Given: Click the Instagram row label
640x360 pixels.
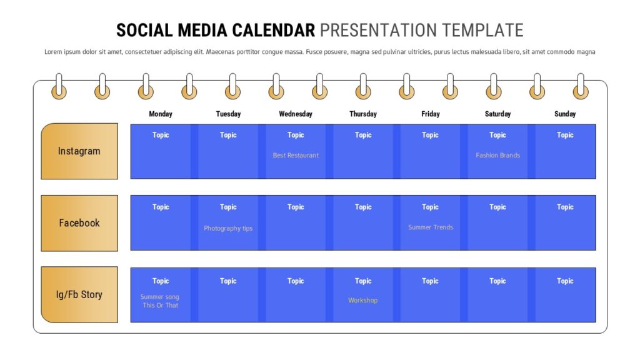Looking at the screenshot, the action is pos(79,151).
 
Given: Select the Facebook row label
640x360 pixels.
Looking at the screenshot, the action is pos(79,223).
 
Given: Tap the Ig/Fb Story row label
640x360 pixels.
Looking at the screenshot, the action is pos(79,295).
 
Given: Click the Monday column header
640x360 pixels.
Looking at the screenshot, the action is pos(161,114).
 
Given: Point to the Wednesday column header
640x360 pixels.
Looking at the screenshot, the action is pos(296,114).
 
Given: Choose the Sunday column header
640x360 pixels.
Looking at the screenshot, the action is pos(565,114).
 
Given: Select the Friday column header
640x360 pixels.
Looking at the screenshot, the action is pos(431,114).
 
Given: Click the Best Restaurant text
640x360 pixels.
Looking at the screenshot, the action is pos(296,155).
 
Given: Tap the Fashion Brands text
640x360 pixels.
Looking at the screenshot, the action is pos(497,155).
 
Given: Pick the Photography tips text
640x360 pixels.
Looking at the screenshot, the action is pos(228,228).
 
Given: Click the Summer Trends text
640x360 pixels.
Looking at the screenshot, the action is pos(431,227).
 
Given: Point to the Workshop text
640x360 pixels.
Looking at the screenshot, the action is pos(363,301).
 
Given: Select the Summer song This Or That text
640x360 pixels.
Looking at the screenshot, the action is pos(160,301).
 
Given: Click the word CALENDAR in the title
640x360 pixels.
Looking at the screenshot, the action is pos(274,31).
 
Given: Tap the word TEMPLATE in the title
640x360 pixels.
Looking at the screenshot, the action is pos(483,31).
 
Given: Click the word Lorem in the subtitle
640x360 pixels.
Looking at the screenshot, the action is pos(53,52).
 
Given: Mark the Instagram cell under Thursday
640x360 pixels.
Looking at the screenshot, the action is pos(363,151).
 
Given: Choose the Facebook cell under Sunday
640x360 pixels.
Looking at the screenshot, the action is pos(565,223).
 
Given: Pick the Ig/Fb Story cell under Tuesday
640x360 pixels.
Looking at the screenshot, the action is pos(228,295).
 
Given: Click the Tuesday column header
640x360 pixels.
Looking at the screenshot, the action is pos(228,114).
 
